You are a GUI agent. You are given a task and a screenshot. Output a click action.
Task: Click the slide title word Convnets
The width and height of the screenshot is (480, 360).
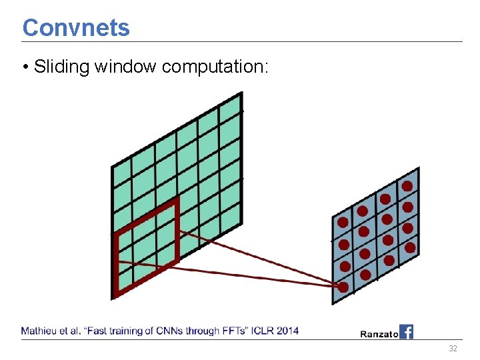point(76,28)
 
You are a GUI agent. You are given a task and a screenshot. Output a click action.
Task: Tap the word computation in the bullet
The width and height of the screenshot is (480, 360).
point(213,67)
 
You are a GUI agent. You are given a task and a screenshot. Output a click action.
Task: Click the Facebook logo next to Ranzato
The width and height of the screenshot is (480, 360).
point(406,331)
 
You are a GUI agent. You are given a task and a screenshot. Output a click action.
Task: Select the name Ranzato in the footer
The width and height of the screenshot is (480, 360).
point(379,333)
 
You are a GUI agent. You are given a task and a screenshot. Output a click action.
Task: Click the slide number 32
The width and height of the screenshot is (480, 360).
point(453,349)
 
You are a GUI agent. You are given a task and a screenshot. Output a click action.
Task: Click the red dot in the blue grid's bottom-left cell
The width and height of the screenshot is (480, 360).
point(343,287)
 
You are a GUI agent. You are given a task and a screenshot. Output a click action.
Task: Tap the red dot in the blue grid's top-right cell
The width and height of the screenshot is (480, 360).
point(407,187)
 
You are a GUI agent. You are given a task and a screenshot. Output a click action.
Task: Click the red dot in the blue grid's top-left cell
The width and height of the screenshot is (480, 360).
point(343,222)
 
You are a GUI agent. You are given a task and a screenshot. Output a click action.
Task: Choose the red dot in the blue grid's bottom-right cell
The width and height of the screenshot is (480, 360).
point(410,247)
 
